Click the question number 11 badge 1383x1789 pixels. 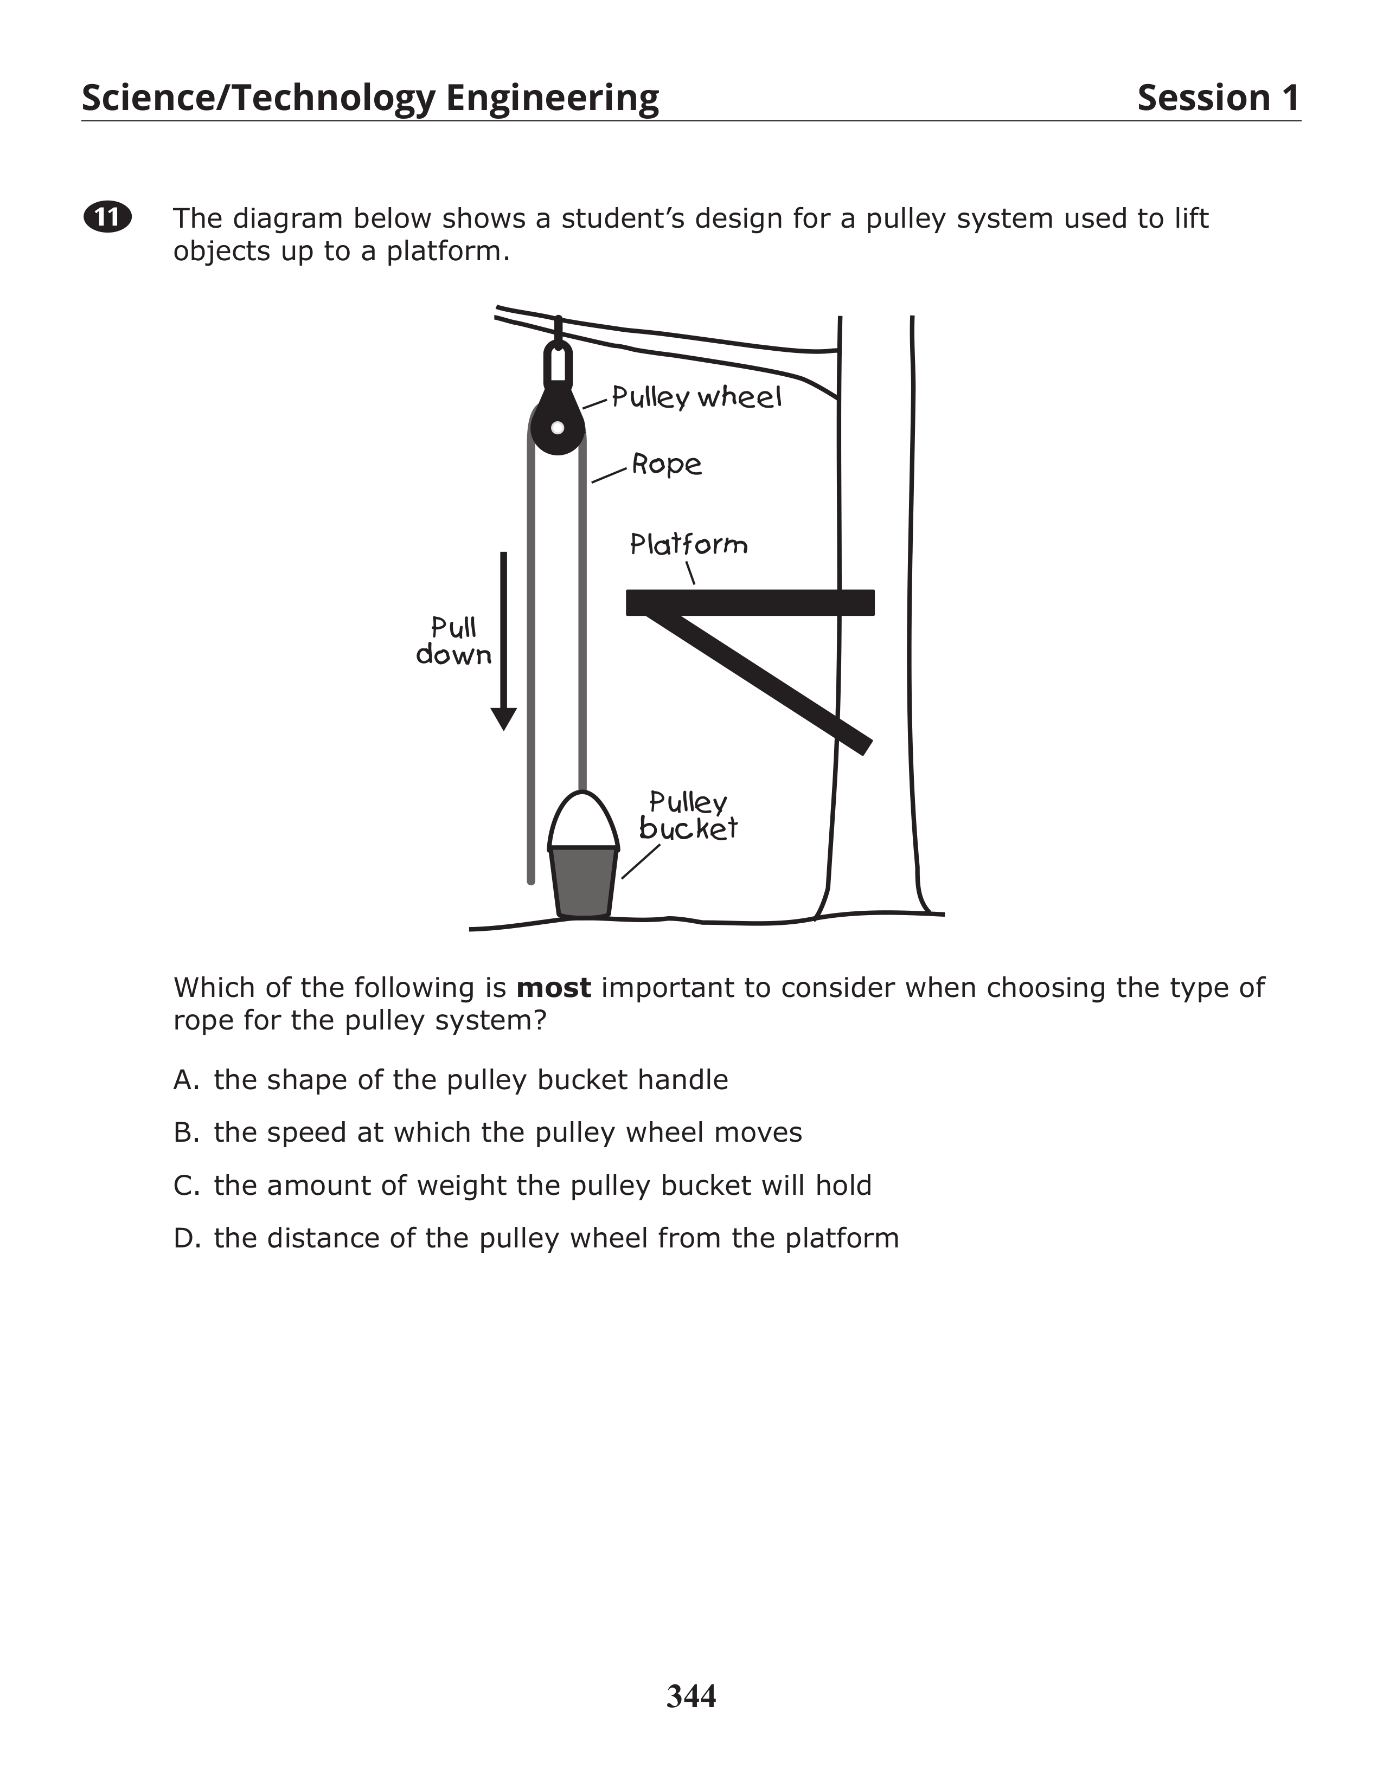coord(107,217)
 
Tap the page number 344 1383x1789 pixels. coord(690,1696)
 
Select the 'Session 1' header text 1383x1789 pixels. coord(1218,98)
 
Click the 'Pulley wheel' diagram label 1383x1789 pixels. coord(696,397)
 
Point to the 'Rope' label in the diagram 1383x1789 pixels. coord(666,465)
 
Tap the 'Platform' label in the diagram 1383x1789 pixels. coord(688,544)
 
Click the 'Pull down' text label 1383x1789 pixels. coord(453,641)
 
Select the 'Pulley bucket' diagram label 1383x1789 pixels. coord(688,816)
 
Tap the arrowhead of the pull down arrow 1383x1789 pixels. coord(503,718)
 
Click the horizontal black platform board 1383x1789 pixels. coord(750,602)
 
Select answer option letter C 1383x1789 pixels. coord(185,1185)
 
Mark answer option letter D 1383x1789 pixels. coord(185,1238)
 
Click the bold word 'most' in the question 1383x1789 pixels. coord(553,988)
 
